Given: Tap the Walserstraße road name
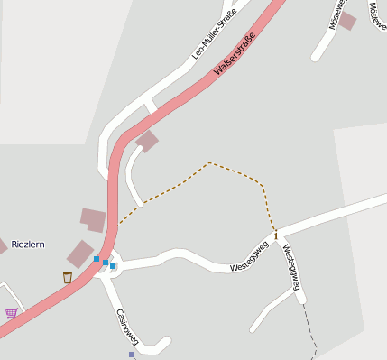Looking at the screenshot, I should point(235,54).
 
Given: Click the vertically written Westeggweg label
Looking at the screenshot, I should point(290,266).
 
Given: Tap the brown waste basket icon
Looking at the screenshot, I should point(68,277).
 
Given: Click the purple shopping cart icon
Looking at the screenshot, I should point(11,314).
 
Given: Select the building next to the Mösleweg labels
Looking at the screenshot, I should point(347,21).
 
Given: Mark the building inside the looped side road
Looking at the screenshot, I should point(146,141).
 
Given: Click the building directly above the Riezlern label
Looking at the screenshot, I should point(93,218).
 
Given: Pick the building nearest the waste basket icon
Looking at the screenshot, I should point(80,254).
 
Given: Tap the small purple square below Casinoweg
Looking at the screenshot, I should point(132,355).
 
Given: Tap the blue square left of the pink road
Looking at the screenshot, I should point(97,259).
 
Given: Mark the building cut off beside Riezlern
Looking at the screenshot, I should point(3,245).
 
